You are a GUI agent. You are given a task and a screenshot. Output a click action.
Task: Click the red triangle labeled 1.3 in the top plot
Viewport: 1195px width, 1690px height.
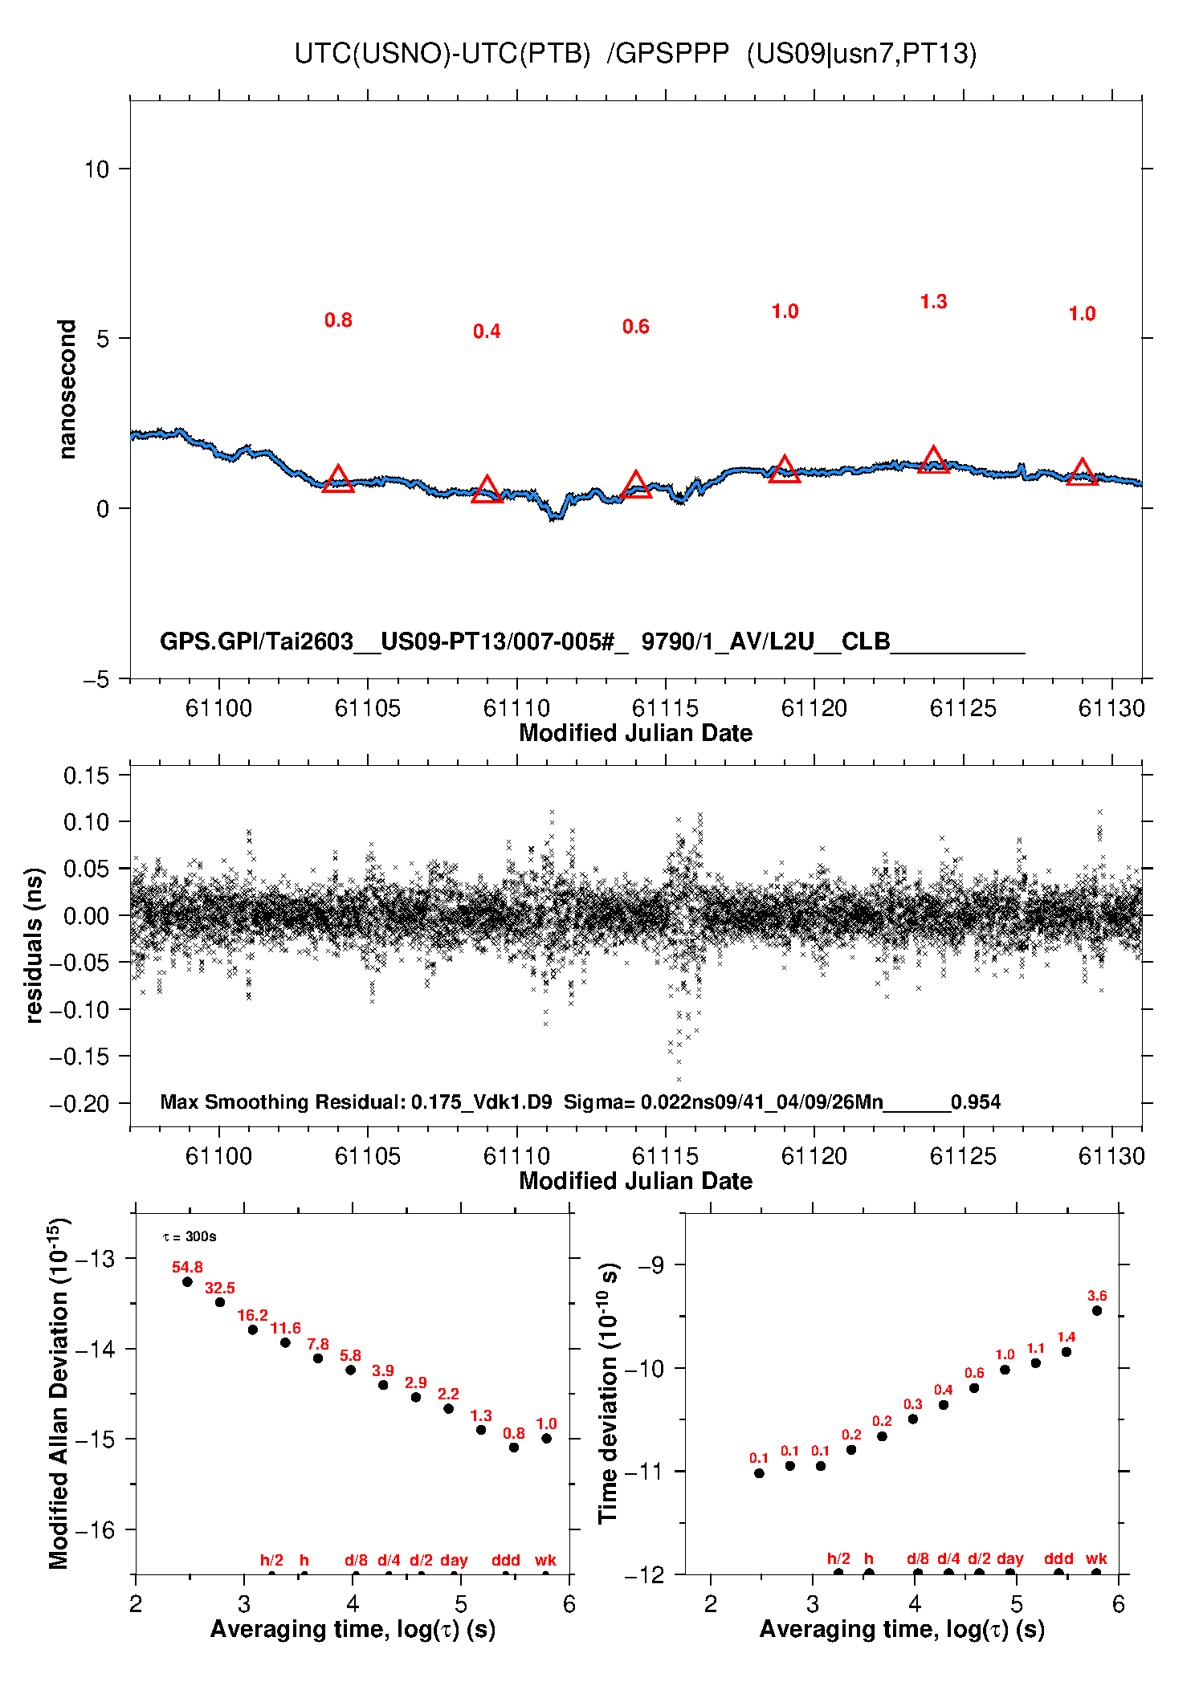(933, 460)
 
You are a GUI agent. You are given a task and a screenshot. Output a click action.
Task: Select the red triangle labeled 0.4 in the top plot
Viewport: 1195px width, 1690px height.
(487, 490)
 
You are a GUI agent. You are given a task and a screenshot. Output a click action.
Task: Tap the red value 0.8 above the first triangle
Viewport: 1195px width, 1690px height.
(338, 320)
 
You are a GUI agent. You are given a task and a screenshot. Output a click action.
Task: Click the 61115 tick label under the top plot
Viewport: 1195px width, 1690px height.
(665, 708)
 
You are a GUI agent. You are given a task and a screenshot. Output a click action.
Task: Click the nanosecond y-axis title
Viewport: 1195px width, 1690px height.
(67, 389)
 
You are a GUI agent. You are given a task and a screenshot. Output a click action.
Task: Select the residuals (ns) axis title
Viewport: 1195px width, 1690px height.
(33, 945)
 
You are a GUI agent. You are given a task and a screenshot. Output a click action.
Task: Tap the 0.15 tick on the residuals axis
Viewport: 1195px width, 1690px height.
(86, 776)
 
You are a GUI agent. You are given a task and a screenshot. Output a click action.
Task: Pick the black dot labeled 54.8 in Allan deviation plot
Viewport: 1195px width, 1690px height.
(187, 1281)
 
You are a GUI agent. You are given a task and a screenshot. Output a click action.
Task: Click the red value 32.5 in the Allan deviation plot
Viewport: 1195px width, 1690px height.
(220, 1288)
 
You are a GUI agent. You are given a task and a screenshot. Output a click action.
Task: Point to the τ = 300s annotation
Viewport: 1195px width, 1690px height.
(190, 1236)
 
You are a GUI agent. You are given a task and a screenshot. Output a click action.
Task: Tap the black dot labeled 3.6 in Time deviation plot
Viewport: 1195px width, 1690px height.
(1097, 1310)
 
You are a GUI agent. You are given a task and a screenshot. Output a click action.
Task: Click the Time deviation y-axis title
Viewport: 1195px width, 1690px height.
(608, 1394)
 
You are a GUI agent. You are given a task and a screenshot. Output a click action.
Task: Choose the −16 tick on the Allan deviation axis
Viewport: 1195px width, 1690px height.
(95, 1530)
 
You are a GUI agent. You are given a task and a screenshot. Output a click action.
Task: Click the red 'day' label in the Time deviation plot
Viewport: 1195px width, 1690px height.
(1010, 1559)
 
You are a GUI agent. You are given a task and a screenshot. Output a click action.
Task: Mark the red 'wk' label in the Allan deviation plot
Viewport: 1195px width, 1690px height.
(545, 1560)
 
